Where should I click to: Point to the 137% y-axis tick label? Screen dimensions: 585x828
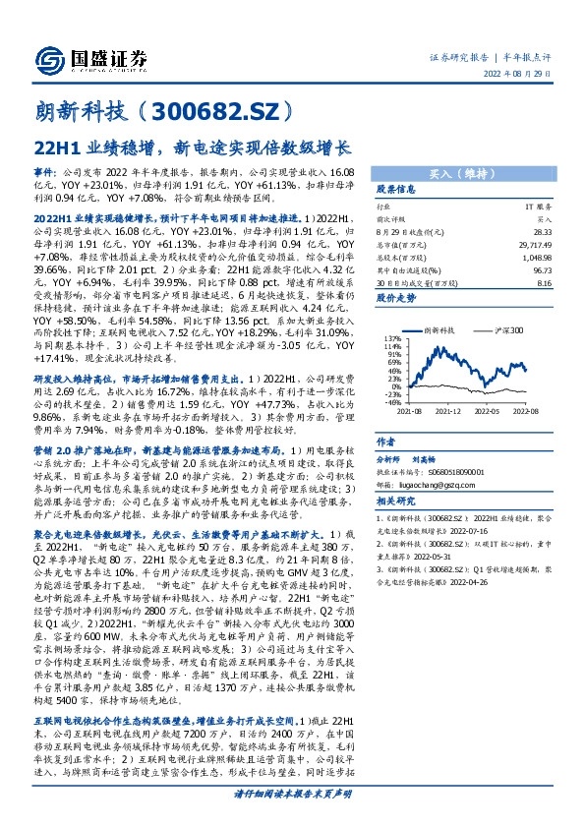392,338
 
